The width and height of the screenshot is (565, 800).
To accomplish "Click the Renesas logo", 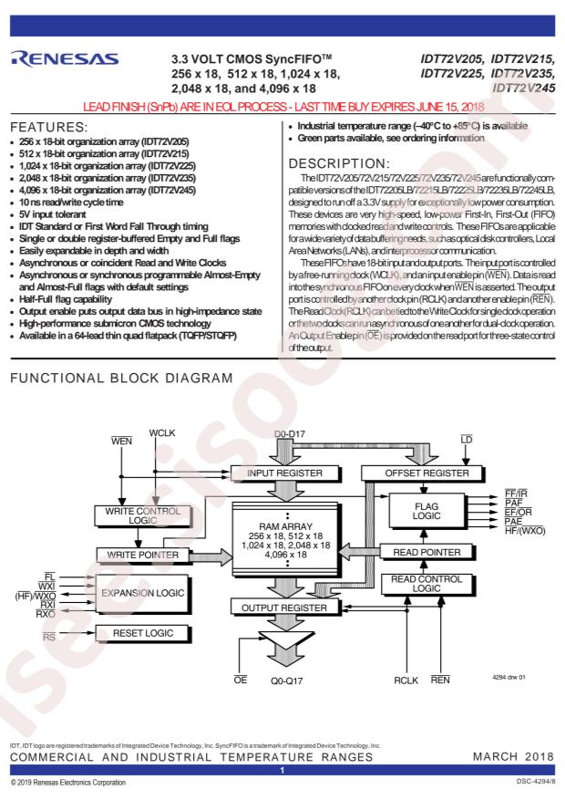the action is pos(64,58).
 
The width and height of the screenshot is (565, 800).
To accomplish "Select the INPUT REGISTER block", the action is pos(285,473).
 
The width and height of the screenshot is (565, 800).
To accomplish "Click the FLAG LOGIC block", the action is pos(426,511).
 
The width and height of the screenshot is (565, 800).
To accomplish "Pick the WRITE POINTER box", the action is pos(143,556).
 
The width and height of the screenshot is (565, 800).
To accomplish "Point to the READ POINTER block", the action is pos(426,552).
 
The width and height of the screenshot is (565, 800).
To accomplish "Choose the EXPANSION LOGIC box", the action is pos(143,594).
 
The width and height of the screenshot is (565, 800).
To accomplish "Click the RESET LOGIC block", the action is pos(143,633).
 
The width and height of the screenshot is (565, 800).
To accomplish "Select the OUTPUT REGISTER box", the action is pos(285,608).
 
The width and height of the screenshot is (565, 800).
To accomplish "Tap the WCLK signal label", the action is pos(162,433).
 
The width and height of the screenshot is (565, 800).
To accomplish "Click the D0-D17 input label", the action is pos(290,434).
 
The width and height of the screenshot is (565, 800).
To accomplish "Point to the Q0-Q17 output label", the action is pos(286,681).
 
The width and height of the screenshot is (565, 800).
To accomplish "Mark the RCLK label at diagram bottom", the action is pos(406,681).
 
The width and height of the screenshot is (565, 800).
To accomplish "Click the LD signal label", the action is pos(467,440).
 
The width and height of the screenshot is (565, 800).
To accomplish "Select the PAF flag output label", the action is pos(514,503).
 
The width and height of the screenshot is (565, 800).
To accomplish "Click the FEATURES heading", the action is pos(49,127).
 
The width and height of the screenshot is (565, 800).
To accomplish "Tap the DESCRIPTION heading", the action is pos(339,164).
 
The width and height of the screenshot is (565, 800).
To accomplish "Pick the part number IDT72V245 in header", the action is pos(524,88).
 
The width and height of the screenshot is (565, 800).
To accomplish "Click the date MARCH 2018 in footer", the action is pos(514,756).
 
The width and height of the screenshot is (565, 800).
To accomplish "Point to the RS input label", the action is pos(49,638).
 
